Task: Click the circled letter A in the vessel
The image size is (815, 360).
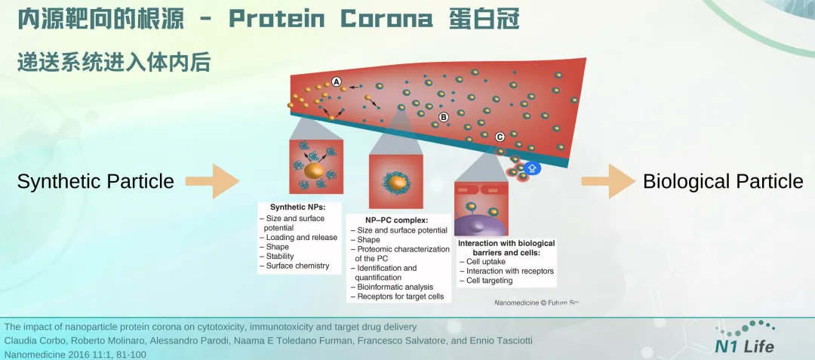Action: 337,82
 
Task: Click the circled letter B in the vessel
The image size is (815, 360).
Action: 444,117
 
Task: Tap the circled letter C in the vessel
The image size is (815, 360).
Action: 500,137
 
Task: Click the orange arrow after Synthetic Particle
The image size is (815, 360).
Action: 214,181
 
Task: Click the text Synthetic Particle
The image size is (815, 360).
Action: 96,182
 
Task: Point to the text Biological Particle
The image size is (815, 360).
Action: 723,182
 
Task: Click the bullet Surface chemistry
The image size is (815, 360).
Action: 297,266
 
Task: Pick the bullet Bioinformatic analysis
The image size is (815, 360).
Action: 394,287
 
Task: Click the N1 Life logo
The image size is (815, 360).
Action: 746,338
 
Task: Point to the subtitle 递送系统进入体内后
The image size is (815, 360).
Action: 113,62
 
